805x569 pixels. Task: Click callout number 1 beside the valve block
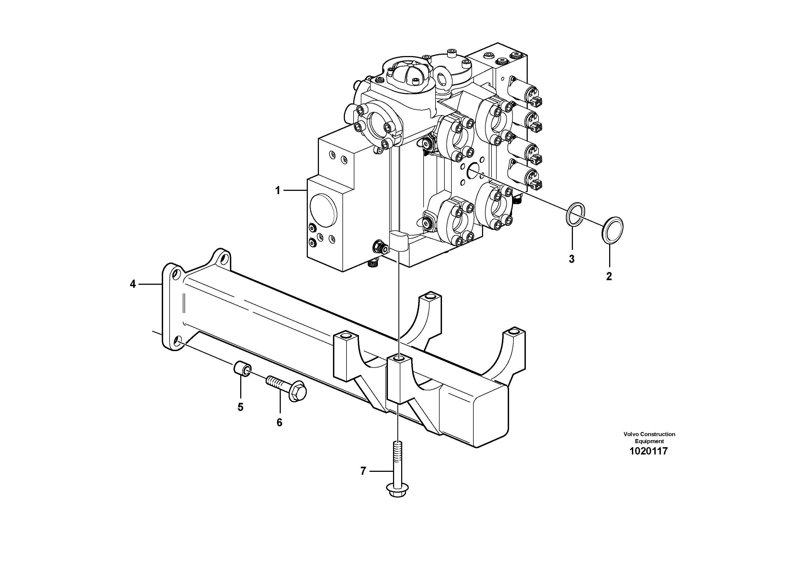click(x=277, y=191)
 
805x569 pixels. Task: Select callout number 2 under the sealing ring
click(x=609, y=276)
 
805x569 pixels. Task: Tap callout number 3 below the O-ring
click(x=572, y=259)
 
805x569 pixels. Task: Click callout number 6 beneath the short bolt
click(x=279, y=423)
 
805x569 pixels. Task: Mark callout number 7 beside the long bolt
click(x=363, y=471)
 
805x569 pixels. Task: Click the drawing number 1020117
click(x=649, y=451)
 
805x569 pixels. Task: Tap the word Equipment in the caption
click(x=649, y=441)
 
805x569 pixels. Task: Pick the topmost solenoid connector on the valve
click(x=536, y=102)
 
